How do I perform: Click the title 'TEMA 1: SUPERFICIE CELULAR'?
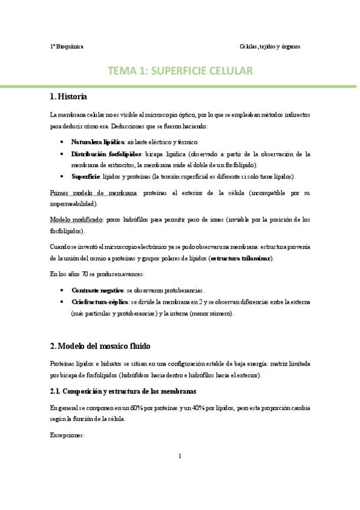coord(180,71)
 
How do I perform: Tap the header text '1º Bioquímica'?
coord(66,46)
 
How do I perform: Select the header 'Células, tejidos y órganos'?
coord(269,46)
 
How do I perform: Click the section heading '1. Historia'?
coord(69,97)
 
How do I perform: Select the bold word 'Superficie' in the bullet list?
coord(85,176)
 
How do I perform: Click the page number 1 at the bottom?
coord(180,472)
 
